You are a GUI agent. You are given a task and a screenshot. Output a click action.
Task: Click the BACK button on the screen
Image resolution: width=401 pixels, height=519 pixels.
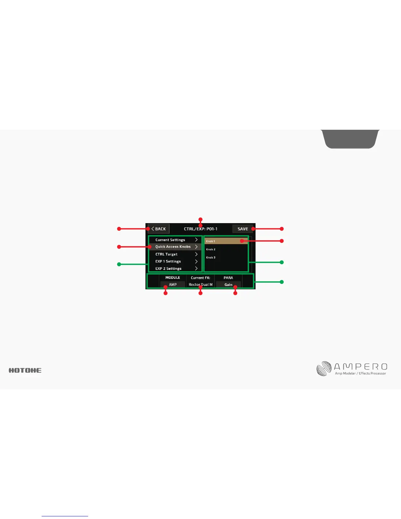coord(159,229)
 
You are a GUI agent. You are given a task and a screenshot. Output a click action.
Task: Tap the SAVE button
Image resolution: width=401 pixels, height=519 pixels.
coord(242,229)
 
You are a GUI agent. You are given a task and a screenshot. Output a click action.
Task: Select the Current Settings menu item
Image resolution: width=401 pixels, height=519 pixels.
coord(170,240)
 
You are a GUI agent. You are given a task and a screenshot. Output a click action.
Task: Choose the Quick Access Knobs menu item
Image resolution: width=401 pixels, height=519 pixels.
coord(173,247)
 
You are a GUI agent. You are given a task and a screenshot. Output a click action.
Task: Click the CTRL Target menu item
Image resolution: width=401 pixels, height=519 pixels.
coord(166,254)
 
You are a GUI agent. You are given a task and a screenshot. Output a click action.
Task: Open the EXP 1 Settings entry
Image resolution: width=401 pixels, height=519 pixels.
coord(168,261)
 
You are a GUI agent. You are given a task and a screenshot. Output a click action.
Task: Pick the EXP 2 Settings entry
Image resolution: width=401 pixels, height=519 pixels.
coord(168,269)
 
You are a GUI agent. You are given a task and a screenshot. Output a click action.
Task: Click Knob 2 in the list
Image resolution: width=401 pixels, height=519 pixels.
coord(211,249)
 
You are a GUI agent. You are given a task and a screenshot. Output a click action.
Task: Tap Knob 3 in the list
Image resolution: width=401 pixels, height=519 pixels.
coord(211,258)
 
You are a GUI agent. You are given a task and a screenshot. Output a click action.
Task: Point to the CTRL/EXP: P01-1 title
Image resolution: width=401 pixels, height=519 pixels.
coord(200,229)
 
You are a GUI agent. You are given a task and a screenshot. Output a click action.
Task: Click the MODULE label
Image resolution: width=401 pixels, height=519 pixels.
coord(173,278)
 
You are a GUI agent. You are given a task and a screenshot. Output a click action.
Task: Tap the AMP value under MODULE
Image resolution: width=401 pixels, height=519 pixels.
coord(173,285)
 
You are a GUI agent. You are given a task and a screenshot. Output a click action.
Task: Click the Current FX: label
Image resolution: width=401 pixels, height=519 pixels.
coord(200,278)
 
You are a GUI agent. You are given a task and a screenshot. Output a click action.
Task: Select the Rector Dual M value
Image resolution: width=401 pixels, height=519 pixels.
coord(200,285)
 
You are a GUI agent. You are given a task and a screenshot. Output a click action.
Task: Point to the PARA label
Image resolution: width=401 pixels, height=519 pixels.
coord(228,278)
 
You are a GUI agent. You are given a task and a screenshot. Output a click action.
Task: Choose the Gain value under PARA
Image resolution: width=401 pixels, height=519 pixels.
coord(228,285)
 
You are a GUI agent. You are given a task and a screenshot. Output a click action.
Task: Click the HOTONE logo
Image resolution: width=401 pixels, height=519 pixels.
coord(25,370)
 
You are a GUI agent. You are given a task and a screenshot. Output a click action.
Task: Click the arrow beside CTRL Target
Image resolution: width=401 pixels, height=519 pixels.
coord(196,254)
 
